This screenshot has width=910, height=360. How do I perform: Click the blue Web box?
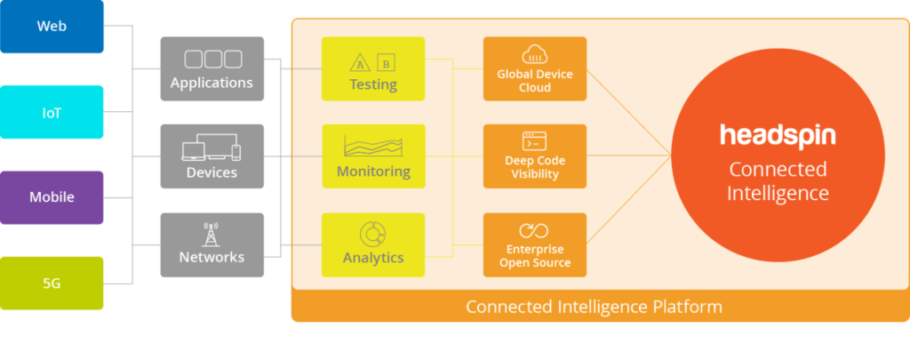52,27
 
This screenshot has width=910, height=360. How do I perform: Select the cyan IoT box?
52,112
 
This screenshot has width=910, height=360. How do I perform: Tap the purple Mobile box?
52,197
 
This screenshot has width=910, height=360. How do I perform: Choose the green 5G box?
52,284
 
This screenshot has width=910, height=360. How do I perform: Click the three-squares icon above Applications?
212,59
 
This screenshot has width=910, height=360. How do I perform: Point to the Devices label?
212,172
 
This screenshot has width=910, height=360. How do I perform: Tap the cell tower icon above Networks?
212,235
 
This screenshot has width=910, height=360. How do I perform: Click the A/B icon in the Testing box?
373,61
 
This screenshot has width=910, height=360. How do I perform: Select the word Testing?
373,85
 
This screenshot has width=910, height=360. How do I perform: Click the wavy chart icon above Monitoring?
373,146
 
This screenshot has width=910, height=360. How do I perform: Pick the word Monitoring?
373,171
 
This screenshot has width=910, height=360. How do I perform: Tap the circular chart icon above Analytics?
373,234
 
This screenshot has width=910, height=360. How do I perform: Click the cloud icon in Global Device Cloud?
535,54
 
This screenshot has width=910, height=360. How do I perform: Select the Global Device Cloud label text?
535,81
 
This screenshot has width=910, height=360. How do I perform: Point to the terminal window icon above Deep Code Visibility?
535,140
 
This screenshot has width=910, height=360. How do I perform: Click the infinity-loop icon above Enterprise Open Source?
535,230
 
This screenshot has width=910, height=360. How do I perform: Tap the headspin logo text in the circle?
778,136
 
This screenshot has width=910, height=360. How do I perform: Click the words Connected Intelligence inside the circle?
778,180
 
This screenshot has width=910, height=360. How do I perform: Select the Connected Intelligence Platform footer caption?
594,308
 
